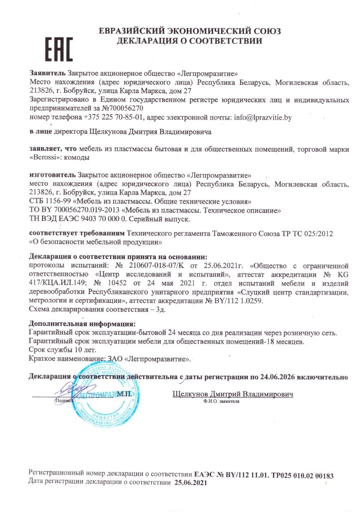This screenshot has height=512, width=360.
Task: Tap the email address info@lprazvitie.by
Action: click(x=260, y=118)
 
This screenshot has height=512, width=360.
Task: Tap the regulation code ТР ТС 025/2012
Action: click(x=301, y=233)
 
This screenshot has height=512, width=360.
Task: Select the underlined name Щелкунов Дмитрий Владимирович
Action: click(x=232, y=394)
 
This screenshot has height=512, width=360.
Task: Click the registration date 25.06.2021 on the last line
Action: click(x=190, y=483)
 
